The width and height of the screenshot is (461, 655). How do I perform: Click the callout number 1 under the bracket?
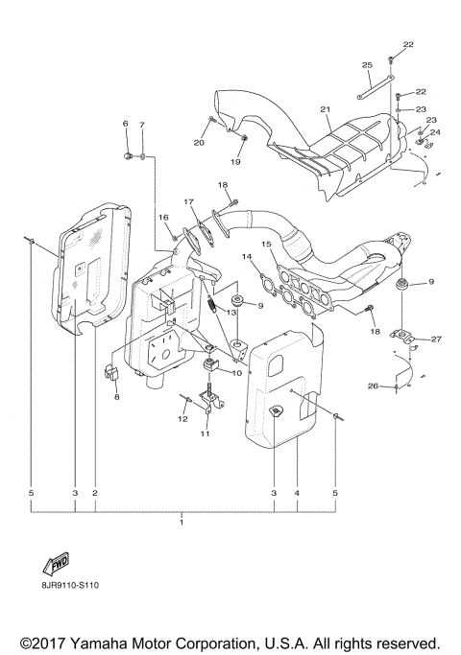[x=182, y=526]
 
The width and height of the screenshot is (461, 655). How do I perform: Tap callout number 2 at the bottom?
[x=95, y=493]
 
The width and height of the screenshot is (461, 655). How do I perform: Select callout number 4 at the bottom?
[x=298, y=493]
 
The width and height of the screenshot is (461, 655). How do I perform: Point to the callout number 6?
[x=125, y=125]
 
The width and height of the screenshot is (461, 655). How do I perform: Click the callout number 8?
[x=116, y=396]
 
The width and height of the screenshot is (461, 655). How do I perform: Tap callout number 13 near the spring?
[x=230, y=313]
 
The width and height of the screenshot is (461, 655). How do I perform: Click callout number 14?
[x=247, y=257]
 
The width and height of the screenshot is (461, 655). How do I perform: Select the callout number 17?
[x=188, y=202]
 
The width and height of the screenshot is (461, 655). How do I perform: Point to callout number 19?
[x=235, y=162]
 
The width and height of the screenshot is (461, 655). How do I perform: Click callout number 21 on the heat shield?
[x=326, y=109]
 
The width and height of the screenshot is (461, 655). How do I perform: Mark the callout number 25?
[x=367, y=64]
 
